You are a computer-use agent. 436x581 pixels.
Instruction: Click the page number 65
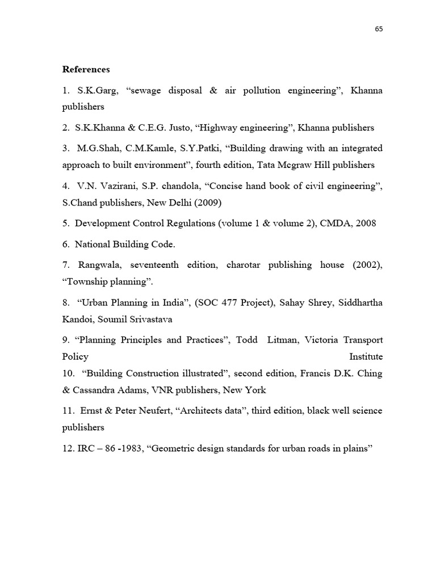(x=379, y=30)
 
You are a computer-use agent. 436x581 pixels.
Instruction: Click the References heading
(x=86, y=69)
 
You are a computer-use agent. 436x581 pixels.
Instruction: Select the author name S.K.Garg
(x=97, y=91)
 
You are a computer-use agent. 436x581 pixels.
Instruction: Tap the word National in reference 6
(x=93, y=245)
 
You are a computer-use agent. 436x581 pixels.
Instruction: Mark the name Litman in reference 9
(x=282, y=340)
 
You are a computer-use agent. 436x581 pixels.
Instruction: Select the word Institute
(x=366, y=356)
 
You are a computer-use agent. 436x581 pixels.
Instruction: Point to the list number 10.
(x=68, y=373)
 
